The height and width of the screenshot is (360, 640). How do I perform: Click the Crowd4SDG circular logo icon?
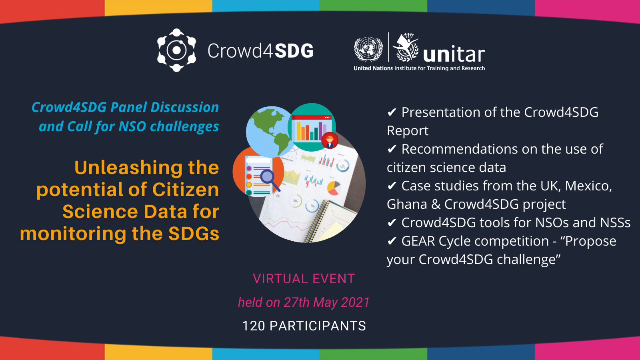(x=176, y=50)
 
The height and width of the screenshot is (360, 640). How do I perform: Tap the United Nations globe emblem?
(x=368, y=49)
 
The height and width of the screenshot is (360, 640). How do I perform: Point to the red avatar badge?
(x=330, y=140)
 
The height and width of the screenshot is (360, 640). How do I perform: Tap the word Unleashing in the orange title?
(x=128, y=168)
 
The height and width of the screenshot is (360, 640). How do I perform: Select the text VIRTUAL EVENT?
(x=304, y=278)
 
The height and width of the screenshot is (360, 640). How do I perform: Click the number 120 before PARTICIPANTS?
(x=254, y=326)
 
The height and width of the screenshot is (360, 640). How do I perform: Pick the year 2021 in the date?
(x=355, y=302)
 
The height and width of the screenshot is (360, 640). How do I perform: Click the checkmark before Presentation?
(x=392, y=112)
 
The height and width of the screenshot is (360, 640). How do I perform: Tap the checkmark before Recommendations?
(x=392, y=149)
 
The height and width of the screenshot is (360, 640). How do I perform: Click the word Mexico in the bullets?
(x=588, y=186)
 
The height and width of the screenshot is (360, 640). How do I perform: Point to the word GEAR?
(x=418, y=241)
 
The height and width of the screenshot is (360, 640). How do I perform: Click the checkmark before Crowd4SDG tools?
(x=392, y=222)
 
